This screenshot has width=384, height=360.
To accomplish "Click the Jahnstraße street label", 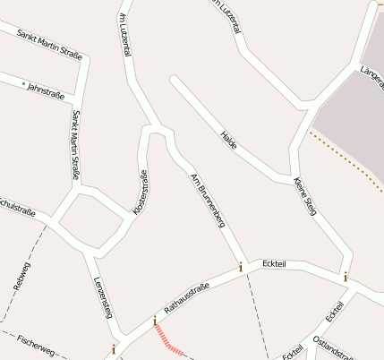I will click(48, 90).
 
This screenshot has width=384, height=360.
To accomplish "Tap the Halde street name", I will click(229, 140).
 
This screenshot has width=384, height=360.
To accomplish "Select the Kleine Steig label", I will click(305, 193).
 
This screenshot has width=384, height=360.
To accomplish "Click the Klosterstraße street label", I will click(141, 191).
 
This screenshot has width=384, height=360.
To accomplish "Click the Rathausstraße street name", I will click(186, 299).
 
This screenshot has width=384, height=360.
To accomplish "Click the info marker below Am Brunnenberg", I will click(240, 267).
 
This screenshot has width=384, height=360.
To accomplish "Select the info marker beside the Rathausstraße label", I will click(154, 320).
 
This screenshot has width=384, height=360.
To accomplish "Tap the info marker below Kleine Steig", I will click(345, 277).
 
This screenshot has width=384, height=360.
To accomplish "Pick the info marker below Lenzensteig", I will click(113, 348).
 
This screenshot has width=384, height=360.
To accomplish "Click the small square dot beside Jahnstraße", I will click(23, 82).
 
